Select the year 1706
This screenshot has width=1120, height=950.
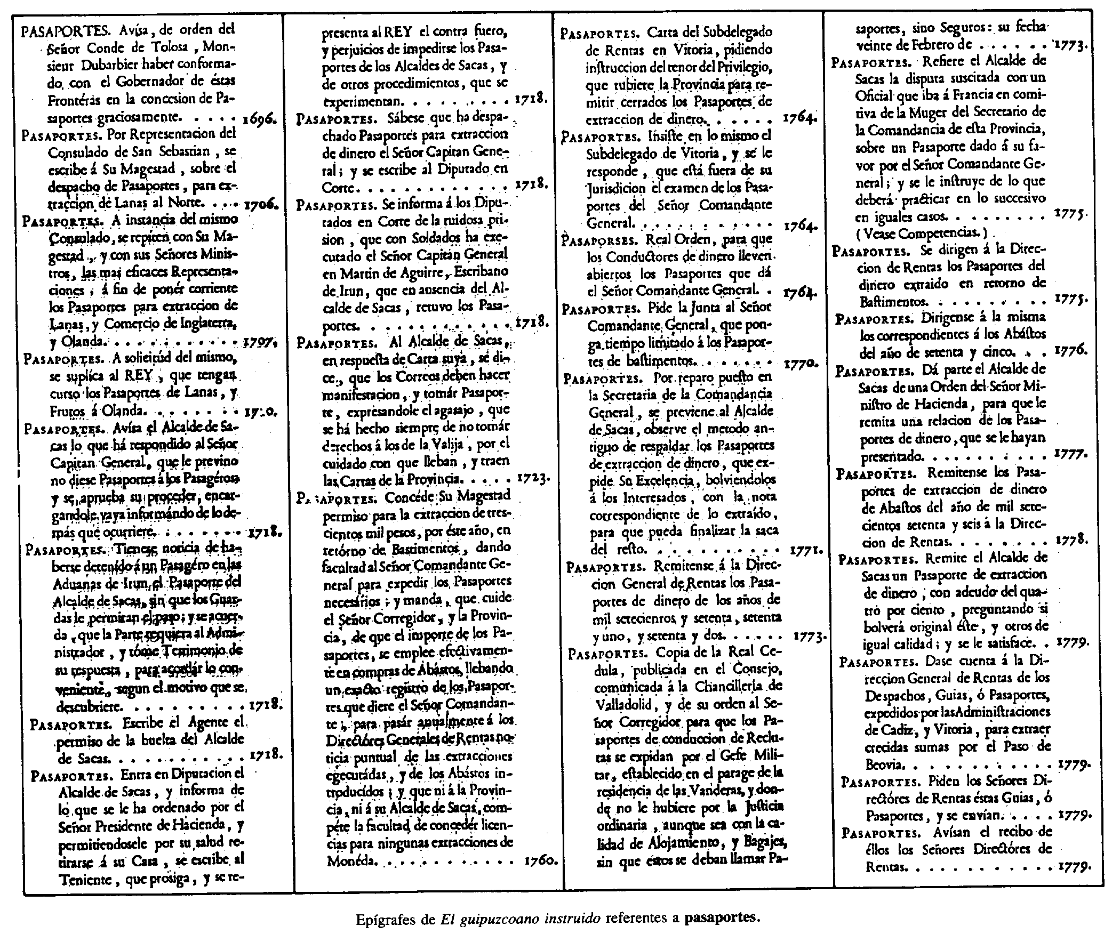[x=261, y=205]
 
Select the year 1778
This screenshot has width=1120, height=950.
[x=1072, y=540]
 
